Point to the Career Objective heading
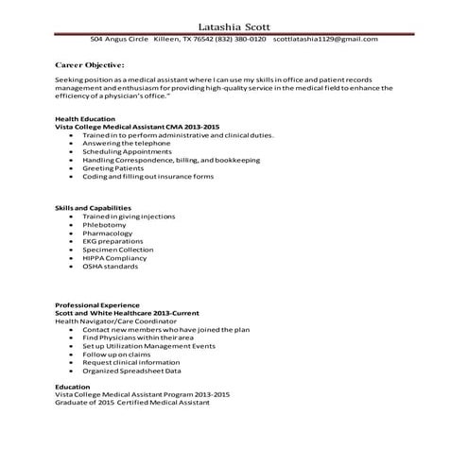tap(90, 64)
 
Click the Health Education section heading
tap(84, 118)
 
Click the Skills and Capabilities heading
tap(93, 207)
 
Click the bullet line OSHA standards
tap(110, 266)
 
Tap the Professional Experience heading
tap(97, 305)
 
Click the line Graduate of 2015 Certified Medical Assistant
tap(132, 402)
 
